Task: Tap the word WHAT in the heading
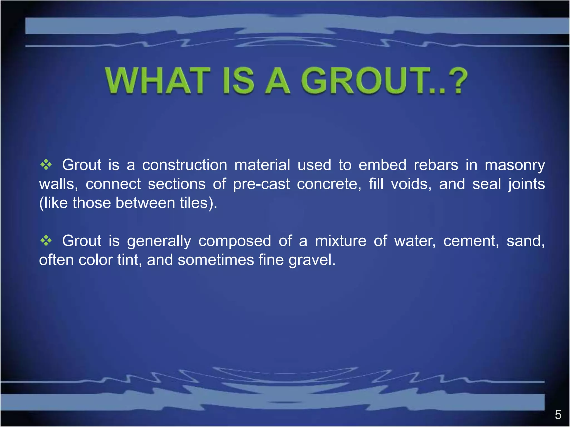coord(158,81)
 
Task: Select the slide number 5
coord(558,415)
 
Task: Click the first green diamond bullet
coord(46,165)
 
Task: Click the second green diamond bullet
coord(46,240)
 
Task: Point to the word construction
coord(185,165)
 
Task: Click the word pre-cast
coord(261,184)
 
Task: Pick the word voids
coord(411,184)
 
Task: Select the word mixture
coord(341,241)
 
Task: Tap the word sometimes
coord(215,260)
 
